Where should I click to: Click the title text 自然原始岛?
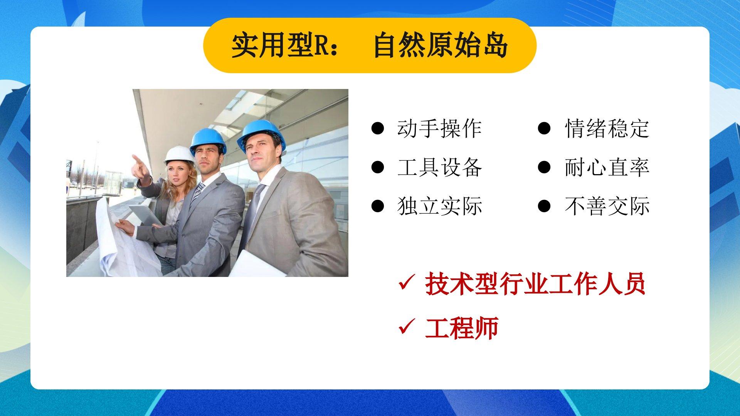pos(441,45)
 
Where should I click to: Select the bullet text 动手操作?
pos(439,128)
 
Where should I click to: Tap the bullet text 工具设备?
pos(439,167)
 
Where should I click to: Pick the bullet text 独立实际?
pos(439,206)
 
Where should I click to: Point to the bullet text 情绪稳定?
pos(607,128)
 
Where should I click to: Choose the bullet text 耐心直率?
pos(607,167)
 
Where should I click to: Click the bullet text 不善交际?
pos(607,206)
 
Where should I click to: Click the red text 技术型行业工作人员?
pos(535,284)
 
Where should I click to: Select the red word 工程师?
pos(462,328)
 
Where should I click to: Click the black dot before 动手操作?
pos(377,128)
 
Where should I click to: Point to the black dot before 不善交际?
pos(544,206)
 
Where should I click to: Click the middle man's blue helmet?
pos(208,141)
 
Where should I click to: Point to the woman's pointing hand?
pos(140,166)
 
